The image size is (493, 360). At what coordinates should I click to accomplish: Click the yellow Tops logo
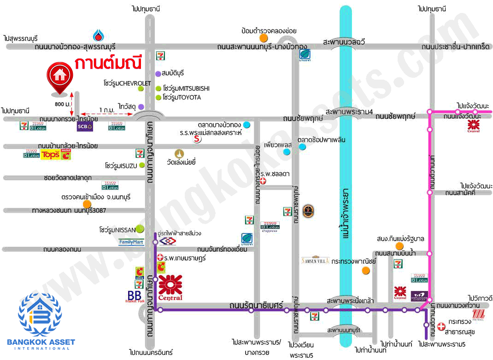click(50, 155)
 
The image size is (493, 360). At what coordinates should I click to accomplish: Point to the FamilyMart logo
click(131, 241)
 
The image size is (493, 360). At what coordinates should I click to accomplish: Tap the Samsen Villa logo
click(315, 260)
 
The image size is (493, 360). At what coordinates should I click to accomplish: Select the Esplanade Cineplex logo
click(419, 296)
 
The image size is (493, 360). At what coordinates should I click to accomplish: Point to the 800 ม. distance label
click(63, 104)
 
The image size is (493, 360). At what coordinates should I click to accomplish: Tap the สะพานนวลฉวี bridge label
click(344, 42)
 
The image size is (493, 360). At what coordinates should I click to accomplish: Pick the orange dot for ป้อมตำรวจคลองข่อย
click(264, 38)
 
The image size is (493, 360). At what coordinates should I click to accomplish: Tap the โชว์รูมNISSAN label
click(117, 229)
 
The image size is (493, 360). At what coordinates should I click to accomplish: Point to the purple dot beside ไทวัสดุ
click(141, 107)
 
